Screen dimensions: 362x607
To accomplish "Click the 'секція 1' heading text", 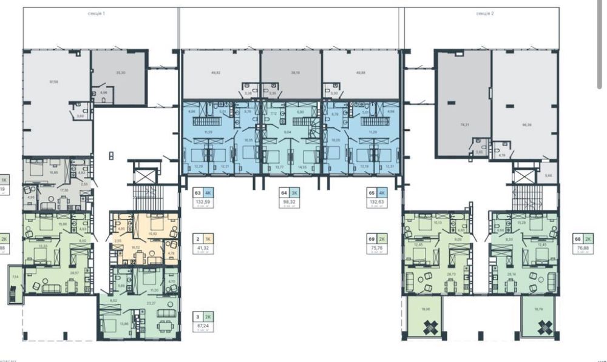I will [x=96, y=13].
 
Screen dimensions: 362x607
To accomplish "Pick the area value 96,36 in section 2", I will [x=526, y=124].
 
